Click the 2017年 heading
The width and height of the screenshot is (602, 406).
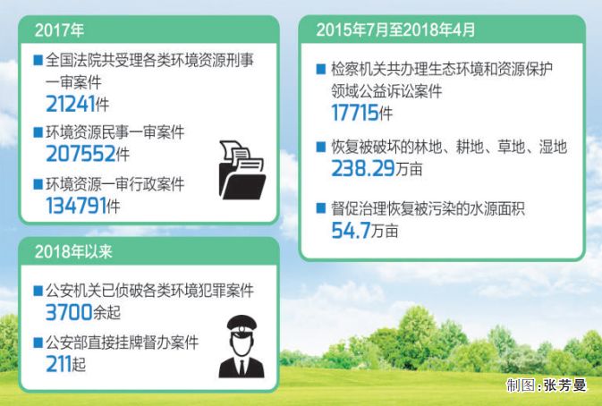(x=59, y=29)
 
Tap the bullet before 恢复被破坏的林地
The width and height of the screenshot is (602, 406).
(x=321, y=148)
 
